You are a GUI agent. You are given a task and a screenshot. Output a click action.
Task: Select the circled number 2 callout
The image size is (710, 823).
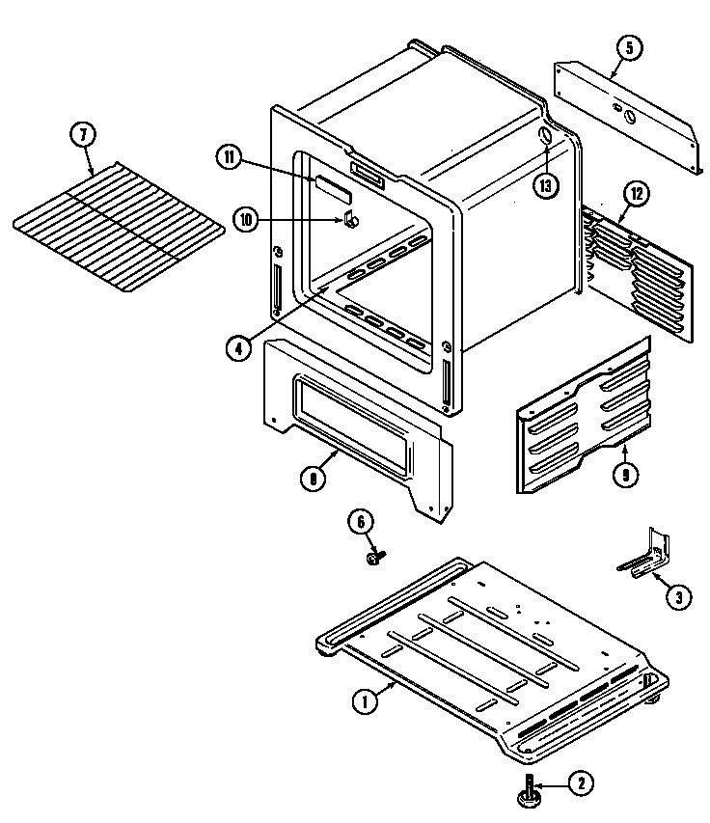tap(579, 784)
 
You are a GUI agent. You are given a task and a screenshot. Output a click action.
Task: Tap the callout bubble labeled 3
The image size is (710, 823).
tap(678, 598)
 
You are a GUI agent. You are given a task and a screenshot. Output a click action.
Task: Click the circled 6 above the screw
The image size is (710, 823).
tap(361, 522)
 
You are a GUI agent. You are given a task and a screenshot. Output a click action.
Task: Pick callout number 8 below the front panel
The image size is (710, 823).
tap(313, 477)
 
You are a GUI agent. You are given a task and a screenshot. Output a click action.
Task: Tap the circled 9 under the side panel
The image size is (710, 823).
tap(626, 474)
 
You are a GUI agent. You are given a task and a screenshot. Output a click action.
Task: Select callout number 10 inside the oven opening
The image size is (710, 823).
tap(247, 220)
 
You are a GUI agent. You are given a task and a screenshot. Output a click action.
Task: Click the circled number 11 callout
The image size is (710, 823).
tap(229, 158)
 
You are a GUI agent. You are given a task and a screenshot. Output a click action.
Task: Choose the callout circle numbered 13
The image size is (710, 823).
tap(547, 184)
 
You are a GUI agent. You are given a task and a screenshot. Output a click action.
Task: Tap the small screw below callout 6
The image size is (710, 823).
tap(374, 557)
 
